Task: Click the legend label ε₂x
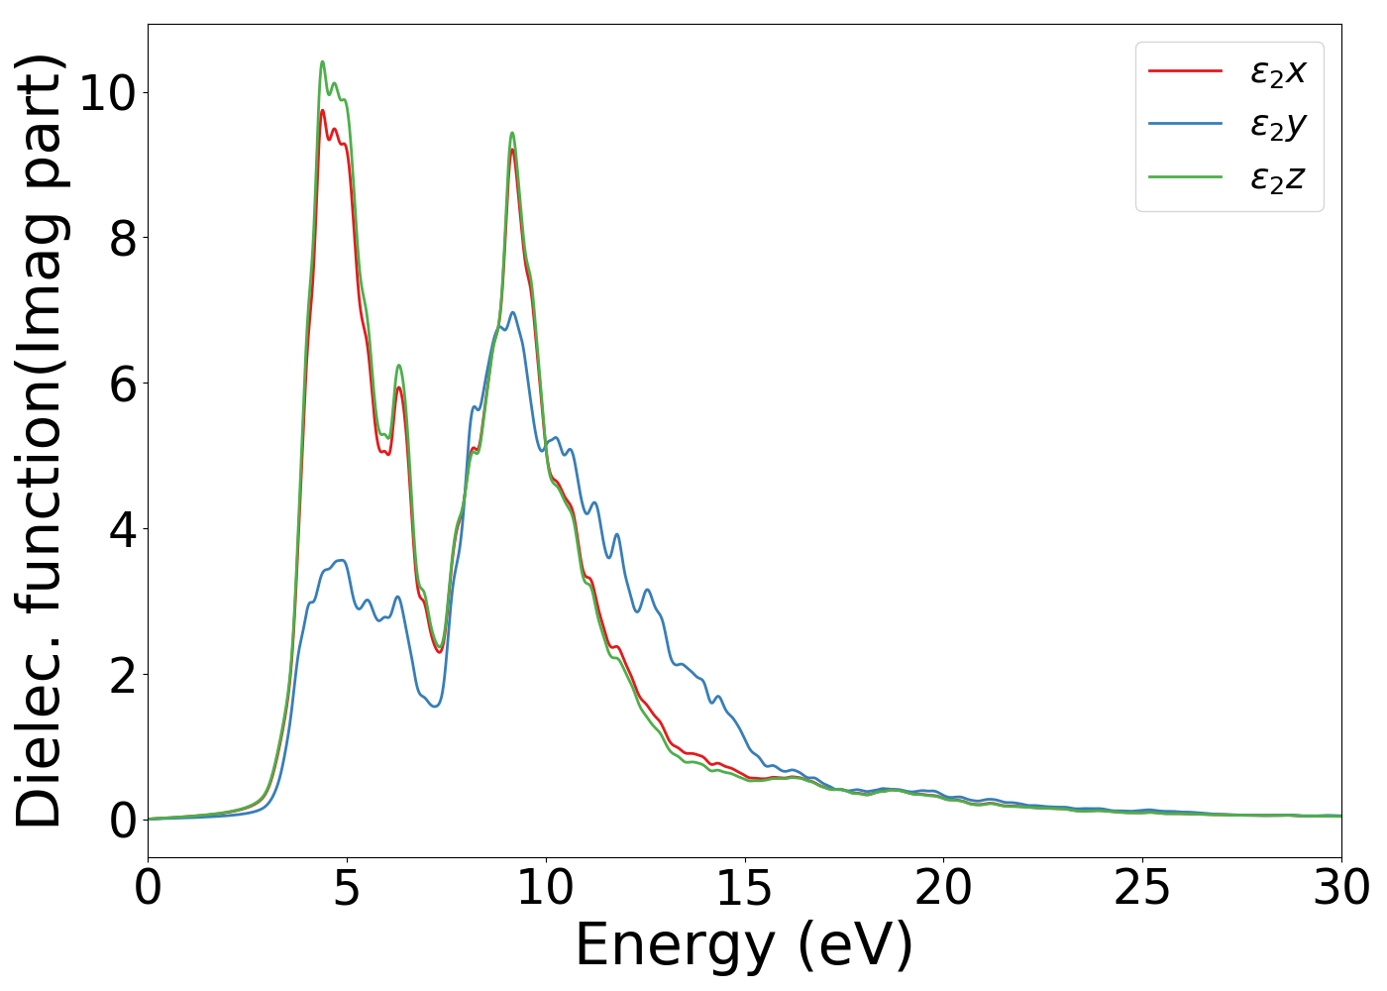tap(1278, 71)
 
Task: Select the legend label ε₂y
tap(1278, 125)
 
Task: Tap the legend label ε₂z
tap(1278, 178)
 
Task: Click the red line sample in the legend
tap(1185, 71)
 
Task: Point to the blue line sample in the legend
tap(1185, 124)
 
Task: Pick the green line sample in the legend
tap(1185, 177)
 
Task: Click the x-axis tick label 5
tap(347, 888)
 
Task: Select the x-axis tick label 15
tap(745, 888)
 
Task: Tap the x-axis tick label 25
tap(1142, 888)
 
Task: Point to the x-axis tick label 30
tap(1339, 888)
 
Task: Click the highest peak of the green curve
tap(322, 61)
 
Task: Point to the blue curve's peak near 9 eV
tap(512, 312)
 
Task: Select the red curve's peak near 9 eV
tap(512, 149)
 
